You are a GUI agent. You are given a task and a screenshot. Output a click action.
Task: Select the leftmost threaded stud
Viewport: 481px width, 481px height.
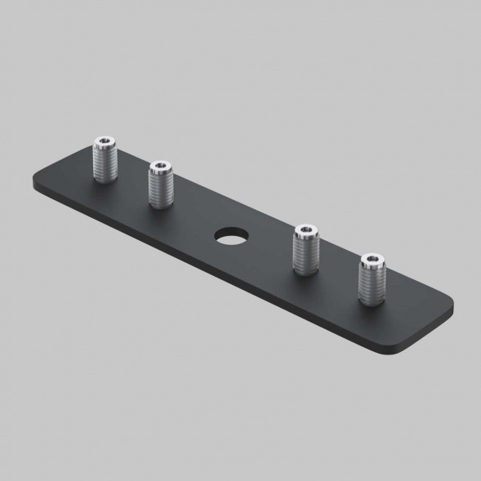tap(104, 161)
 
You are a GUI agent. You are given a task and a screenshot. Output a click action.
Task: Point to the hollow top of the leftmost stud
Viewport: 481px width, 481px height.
tap(104, 142)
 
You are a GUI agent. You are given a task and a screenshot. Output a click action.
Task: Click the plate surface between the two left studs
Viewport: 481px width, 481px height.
tap(131, 185)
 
